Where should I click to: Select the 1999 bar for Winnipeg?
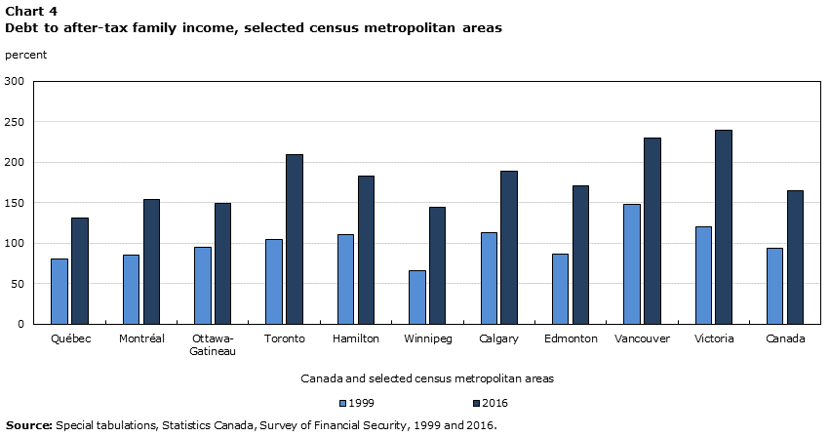[416, 297]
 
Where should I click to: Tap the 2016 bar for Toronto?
[294, 239]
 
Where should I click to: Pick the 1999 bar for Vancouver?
[632, 263]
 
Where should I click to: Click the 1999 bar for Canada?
[774, 286]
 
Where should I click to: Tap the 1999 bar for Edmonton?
[560, 289]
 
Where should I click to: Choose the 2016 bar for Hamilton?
[366, 250]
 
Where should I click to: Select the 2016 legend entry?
[490, 403]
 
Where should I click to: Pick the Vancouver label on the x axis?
[643, 338]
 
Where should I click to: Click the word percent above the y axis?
[25, 55]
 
